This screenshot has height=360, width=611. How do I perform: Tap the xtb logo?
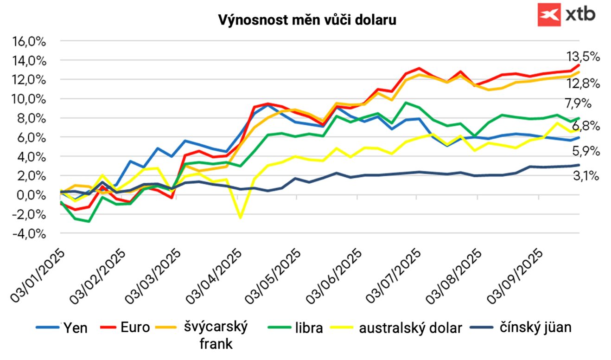click(566, 14)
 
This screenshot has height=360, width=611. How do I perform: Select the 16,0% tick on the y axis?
click(29, 41)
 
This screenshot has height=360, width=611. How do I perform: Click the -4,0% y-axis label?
click(29, 234)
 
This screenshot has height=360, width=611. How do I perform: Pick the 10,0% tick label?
click(29, 99)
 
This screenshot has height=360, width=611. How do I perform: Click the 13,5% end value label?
click(583, 57)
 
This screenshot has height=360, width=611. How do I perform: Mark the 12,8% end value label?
click(583, 84)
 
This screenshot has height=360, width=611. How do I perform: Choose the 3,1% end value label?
click(586, 176)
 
